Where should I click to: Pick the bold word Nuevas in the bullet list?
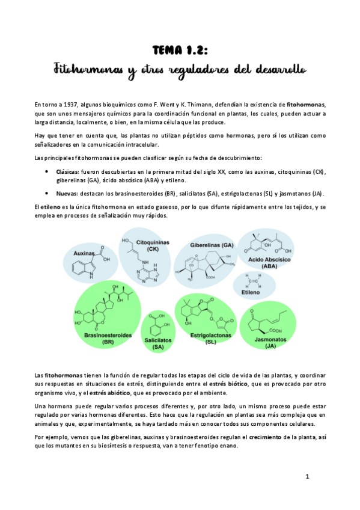point(67,194)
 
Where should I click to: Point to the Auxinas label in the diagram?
point(86,254)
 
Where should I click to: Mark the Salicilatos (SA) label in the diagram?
point(158,343)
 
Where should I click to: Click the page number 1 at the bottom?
point(307,477)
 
